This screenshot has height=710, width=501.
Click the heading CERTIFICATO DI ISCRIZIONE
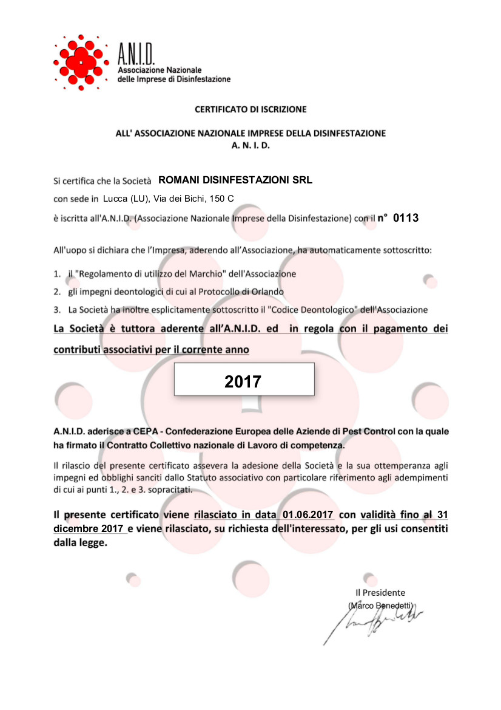coord(250,110)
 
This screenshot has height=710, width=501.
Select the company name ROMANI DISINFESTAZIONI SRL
coord(235,180)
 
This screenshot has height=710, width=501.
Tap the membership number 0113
coord(406,217)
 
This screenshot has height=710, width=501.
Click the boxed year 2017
coord(243,381)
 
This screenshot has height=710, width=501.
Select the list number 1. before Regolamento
coord(57,274)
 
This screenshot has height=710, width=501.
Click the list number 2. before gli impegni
coord(57,292)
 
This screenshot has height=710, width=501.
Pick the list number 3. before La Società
coord(57,310)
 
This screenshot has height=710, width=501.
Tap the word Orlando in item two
coord(267,292)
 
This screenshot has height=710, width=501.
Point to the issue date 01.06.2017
coord(308,514)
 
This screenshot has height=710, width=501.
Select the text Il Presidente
coord(380,593)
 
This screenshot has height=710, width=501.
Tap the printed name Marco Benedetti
coord(381,606)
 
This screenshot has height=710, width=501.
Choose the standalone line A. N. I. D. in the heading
coord(250,146)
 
